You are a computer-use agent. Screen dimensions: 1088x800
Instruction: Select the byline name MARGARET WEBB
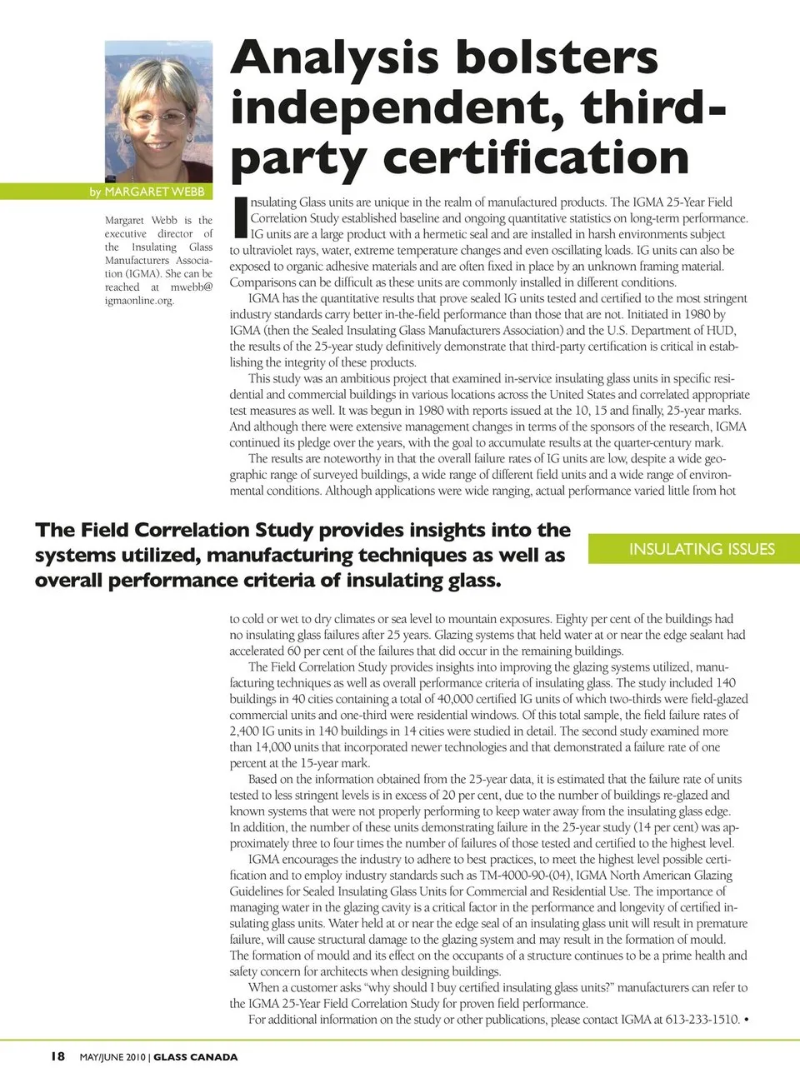[x=154, y=192]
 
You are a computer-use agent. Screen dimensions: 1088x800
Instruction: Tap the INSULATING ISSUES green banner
[x=702, y=549]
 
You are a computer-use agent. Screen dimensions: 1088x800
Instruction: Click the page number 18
[x=57, y=1056]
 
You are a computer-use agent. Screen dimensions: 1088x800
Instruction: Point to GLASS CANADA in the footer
[x=195, y=1057]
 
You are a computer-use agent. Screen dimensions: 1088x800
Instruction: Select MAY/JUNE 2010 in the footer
[x=112, y=1057]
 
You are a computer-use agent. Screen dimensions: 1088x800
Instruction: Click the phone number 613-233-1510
[x=702, y=1020]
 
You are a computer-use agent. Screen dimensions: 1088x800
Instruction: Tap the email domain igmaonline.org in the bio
[x=139, y=301]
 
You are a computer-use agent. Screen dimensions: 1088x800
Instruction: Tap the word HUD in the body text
[x=720, y=331]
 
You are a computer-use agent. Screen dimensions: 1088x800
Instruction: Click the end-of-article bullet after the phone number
[x=746, y=1020]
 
